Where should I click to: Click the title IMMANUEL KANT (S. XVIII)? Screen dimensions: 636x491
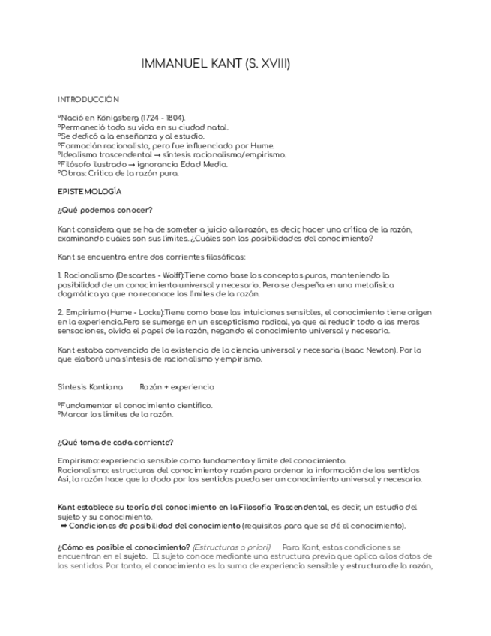click(215, 64)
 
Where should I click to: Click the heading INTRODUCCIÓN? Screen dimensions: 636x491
click(88, 99)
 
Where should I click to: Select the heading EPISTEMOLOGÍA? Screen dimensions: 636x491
click(89, 192)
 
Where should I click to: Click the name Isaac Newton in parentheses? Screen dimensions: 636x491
click(377, 349)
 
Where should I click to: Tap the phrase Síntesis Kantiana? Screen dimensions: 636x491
click(90, 387)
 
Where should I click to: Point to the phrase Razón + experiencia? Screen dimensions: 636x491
click(177, 387)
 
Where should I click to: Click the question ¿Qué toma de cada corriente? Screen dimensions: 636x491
click(115, 442)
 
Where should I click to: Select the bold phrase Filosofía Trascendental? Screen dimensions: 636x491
click(282, 508)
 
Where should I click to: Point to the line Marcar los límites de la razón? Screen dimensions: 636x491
click(117, 414)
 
